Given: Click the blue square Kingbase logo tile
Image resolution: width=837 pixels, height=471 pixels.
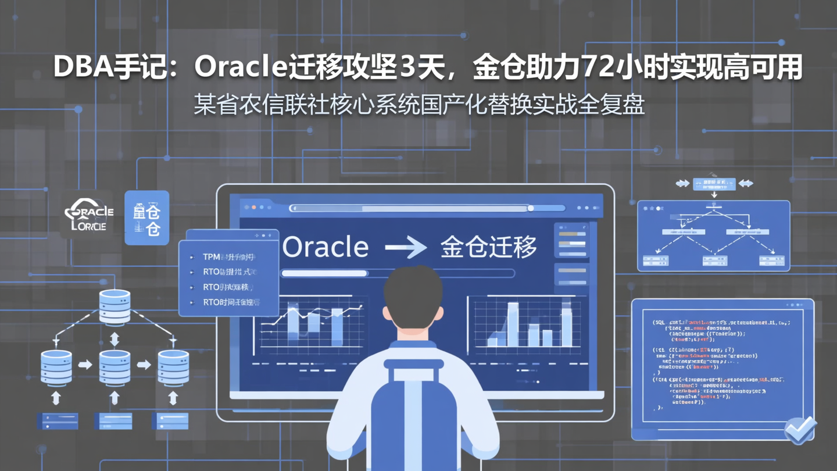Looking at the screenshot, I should click(x=146, y=217).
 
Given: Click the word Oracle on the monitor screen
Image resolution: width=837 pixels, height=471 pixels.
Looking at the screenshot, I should click(x=325, y=247).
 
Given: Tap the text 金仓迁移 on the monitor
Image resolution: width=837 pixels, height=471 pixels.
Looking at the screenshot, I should click(x=488, y=247).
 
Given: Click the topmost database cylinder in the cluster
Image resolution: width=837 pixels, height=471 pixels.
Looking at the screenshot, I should click(x=115, y=306).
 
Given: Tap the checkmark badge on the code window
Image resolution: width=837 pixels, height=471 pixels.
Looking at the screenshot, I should click(x=800, y=430).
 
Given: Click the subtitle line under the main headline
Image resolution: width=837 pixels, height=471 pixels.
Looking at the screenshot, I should click(x=419, y=105).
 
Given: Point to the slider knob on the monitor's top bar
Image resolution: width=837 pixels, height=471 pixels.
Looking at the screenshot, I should click(x=531, y=208).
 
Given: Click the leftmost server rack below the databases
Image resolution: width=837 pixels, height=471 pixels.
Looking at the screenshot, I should click(x=58, y=420).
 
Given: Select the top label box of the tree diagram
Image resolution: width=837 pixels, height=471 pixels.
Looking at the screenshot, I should click(x=714, y=184).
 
